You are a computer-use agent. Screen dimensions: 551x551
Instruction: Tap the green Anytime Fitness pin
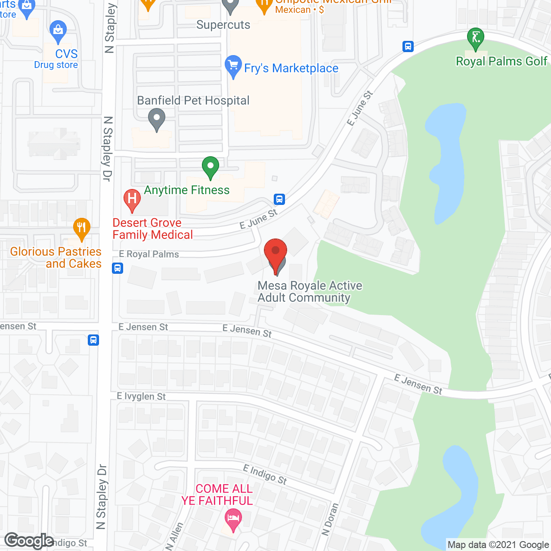[210, 167]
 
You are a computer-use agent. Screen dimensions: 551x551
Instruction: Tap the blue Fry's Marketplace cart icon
[233, 66]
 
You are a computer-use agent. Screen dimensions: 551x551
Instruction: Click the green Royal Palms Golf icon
[476, 38]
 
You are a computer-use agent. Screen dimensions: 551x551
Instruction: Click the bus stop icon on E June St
[279, 199]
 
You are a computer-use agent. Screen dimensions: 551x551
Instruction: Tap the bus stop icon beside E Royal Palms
[118, 268]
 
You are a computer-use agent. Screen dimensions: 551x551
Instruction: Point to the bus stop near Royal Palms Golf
[408, 46]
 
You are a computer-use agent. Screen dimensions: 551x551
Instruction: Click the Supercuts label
[223, 25]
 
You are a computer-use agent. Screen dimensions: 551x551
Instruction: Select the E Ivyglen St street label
[141, 396]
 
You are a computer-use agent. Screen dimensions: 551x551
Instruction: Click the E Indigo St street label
[265, 474]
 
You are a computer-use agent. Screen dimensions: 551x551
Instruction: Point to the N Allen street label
[174, 536]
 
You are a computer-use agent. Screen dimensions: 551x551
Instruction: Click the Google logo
[29, 541]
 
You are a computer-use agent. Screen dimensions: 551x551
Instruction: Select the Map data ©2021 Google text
[498, 545]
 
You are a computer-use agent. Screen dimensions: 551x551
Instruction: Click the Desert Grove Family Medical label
[153, 229]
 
